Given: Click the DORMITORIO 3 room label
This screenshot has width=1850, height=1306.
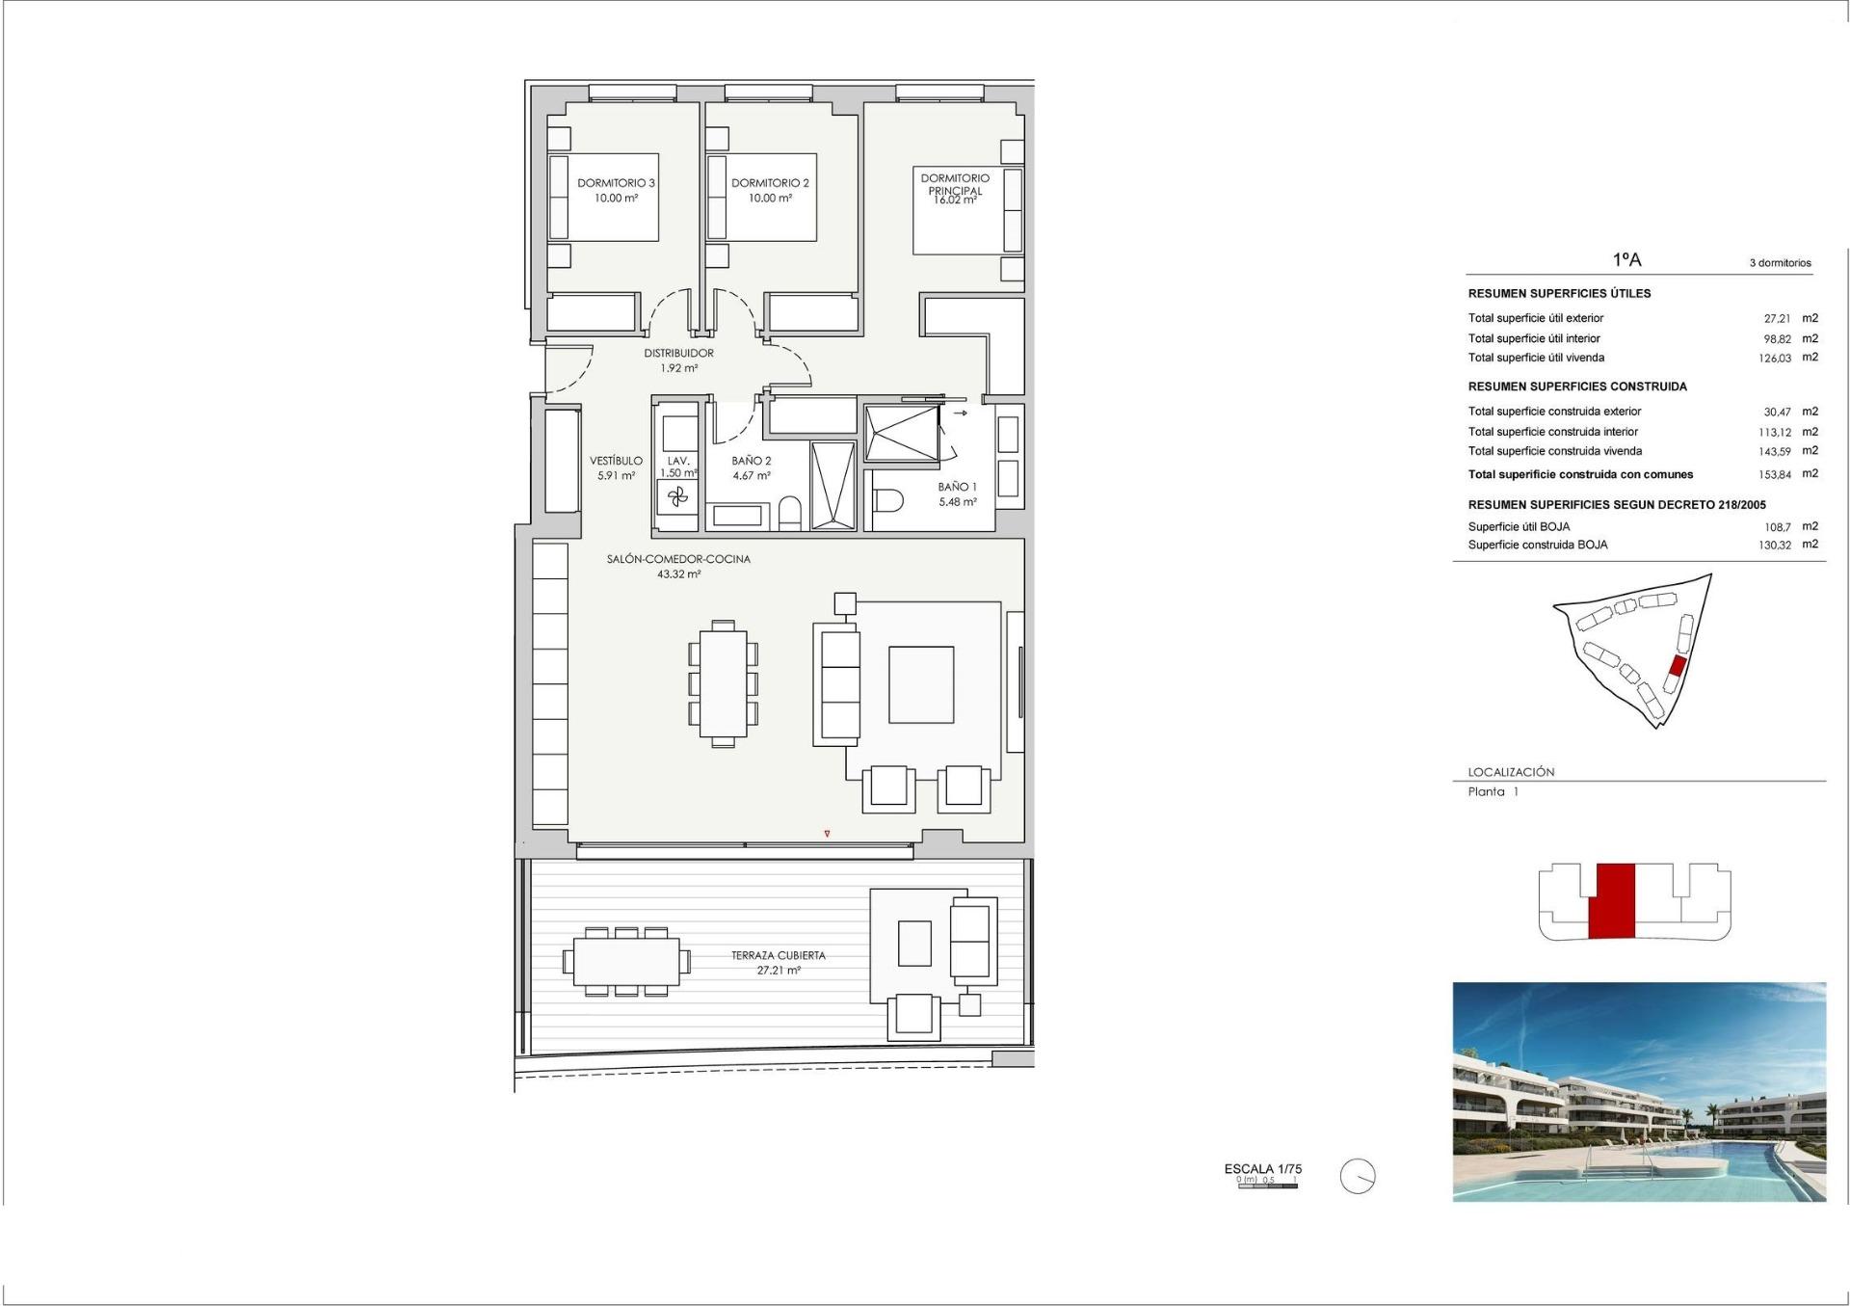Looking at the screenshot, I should point(616,183).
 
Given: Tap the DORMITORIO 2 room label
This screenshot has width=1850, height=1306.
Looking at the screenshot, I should point(770,183).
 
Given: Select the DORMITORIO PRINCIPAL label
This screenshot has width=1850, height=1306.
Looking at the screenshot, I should point(954,184).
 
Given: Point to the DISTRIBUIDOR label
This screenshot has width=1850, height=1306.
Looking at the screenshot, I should point(678,354).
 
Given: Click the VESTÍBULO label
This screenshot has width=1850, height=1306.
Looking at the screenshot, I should point(616,462).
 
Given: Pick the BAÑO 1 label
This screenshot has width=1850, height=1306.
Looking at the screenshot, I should point(957,488).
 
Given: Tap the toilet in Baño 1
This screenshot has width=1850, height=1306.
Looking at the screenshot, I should point(887,500).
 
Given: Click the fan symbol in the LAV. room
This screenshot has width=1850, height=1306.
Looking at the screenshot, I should point(677,497).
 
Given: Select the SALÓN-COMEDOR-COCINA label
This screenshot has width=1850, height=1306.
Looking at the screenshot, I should point(678,559).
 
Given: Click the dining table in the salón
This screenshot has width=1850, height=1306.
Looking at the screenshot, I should point(723,683).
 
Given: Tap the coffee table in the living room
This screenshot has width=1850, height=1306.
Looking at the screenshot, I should point(921,684).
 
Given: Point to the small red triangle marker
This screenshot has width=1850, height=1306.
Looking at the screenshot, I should point(827,834).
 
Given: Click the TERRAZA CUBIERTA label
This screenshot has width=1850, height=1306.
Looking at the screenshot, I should point(778,956).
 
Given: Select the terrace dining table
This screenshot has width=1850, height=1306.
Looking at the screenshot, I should point(626,961).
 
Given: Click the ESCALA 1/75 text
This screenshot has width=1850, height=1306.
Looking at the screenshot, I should point(1262,1169).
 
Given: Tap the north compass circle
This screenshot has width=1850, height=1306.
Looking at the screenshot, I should point(1358,1177).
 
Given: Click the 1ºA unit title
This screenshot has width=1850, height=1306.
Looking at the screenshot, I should point(1626,260).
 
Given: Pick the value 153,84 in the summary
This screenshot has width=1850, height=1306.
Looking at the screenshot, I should point(1774,474).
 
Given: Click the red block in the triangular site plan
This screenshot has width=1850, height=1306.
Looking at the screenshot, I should point(1678,665).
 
